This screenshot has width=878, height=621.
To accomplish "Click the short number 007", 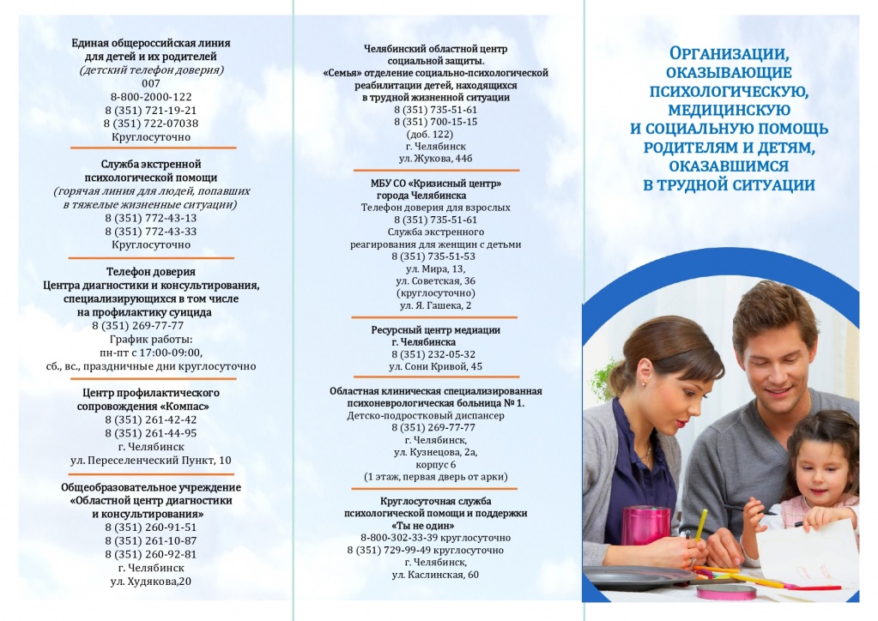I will tap(151, 83).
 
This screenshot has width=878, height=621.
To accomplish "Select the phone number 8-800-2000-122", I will tap(151, 97).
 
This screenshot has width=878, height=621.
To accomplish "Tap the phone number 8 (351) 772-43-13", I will tap(151, 217).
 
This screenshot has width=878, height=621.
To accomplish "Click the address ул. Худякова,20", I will tap(151, 581).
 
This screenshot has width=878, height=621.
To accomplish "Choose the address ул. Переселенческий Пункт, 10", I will tap(151, 460).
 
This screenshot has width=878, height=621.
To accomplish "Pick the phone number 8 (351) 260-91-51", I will tap(151, 527).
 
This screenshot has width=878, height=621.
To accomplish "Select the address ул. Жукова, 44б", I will tap(436, 158).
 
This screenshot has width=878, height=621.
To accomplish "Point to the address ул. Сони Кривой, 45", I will tap(435, 366).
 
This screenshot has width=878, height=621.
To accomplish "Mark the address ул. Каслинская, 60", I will tap(435, 574).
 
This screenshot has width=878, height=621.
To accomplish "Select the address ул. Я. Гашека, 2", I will tap(435, 305).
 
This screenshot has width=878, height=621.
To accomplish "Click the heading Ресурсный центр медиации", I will tap(435, 329).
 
